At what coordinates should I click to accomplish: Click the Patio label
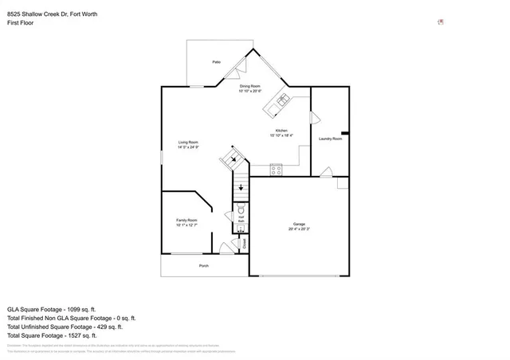pyautogui.click(x=216, y=61)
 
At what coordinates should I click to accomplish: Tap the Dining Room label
pyautogui.click(x=251, y=85)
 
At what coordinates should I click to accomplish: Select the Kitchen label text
pyautogui.click(x=281, y=131)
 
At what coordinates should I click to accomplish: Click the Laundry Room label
pyautogui.click(x=330, y=139)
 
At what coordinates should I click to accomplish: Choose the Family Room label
pyautogui.click(x=186, y=221)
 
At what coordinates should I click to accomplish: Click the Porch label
pyautogui.click(x=204, y=265)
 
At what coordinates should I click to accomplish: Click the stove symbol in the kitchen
pyautogui.click(x=277, y=169)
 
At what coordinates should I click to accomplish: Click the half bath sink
pyautogui.click(x=241, y=227)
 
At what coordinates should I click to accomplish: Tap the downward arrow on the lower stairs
pyautogui.click(x=241, y=188)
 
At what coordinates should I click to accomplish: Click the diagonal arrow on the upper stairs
pyautogui.click(x=233, y=158)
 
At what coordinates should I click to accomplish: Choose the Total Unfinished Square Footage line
pyautogui.click(x=65, y=327)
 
